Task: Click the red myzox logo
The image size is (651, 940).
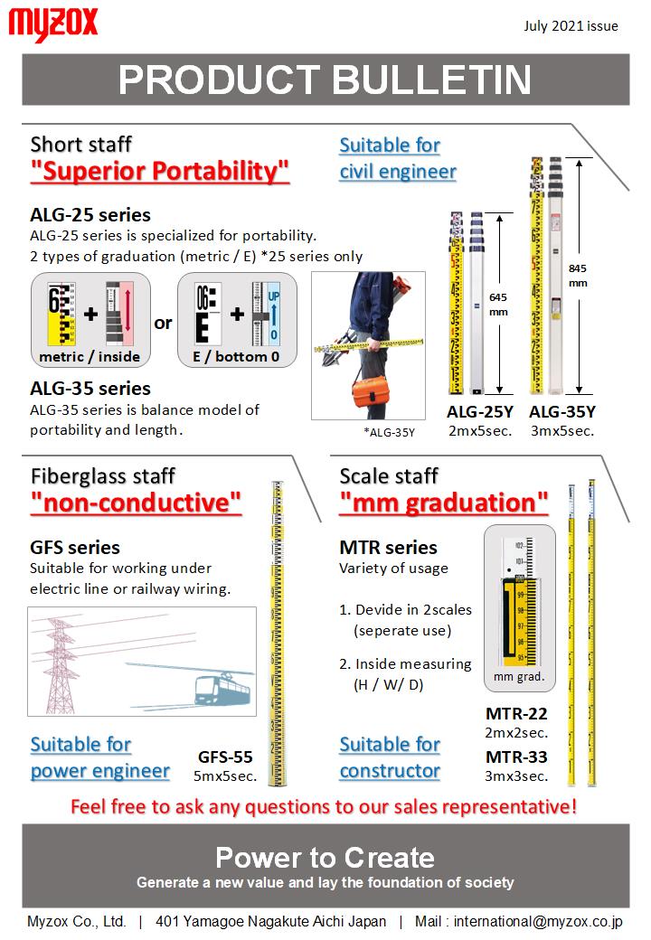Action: coord(52,24)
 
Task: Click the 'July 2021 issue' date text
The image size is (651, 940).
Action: coord(571,26)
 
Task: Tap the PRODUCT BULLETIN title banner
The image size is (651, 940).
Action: coord(325,80)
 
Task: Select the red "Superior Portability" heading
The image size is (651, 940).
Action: coord(160,171)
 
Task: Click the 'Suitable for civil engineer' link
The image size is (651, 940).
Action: coord(397,158)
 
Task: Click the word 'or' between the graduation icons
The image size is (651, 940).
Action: coord(163,323)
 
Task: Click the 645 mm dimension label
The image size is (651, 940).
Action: coord(497,304)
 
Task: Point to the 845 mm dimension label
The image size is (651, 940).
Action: coord(576,275)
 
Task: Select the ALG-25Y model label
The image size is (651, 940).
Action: coord(480,412)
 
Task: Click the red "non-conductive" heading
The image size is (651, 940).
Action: coord(136,503)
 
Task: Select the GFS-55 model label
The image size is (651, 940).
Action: coord(225,757)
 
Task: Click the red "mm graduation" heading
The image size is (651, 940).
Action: coord(443,503)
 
